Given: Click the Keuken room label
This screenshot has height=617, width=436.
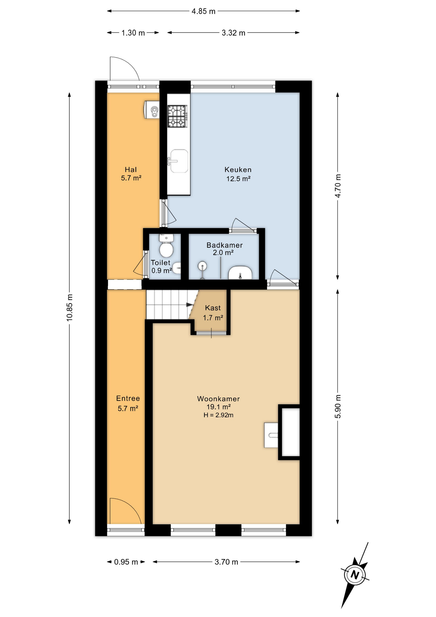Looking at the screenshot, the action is (238, 170).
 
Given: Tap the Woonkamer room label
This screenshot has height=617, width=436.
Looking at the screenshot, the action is (218, 399).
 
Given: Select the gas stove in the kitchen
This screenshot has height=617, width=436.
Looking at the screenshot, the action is (177, 116).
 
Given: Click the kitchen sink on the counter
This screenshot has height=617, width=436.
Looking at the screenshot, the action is (179, 161).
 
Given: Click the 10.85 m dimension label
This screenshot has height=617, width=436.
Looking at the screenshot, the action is (70, 308).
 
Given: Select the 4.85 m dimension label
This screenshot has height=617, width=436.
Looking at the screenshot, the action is (204, 11).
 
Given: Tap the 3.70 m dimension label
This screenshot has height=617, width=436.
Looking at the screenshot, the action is (226, 562).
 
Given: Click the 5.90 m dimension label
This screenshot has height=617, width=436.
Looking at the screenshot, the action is (338, 407).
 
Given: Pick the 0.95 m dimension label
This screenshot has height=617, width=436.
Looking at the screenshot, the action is (126, 562).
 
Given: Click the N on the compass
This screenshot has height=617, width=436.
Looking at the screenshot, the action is (355, 574).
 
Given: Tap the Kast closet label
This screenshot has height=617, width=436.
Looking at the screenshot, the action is (213, 308).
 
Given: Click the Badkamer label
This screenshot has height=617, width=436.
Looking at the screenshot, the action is (224, 245).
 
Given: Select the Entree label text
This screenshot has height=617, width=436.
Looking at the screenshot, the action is (128, 398).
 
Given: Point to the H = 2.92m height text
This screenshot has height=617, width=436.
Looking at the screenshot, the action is (218, 415).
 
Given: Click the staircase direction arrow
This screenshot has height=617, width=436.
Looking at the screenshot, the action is (190, 305).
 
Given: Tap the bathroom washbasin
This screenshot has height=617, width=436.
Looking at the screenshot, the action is (240, 273).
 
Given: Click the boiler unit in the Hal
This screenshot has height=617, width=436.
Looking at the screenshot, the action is (152, 110).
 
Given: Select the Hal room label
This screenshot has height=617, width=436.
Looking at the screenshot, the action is (131, 170).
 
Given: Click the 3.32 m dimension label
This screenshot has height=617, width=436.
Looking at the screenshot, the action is (233, 33).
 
